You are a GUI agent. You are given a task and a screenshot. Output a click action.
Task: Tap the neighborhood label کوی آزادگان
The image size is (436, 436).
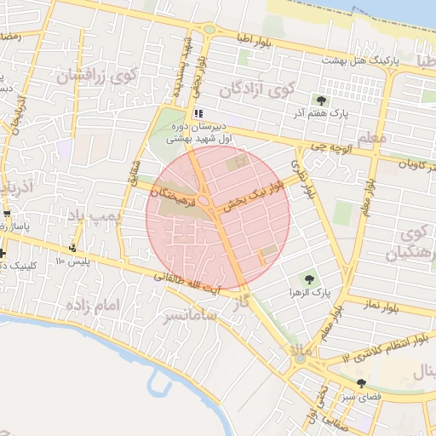(x=256, y=89)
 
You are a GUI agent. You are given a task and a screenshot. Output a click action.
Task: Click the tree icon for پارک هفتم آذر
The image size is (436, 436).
(x=321, y=100)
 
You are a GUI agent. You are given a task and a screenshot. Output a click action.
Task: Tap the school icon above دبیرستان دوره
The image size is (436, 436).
(x=198, y=112)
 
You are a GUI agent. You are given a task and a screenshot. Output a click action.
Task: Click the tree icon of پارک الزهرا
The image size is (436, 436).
(x=307, y=278)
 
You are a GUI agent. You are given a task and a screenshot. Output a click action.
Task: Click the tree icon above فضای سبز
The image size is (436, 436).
(x=361, y=383)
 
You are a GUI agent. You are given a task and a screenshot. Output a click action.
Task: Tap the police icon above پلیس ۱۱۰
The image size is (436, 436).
(x=75, y=248)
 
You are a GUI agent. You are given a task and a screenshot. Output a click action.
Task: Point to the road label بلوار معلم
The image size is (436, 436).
(x=369, y=191)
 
